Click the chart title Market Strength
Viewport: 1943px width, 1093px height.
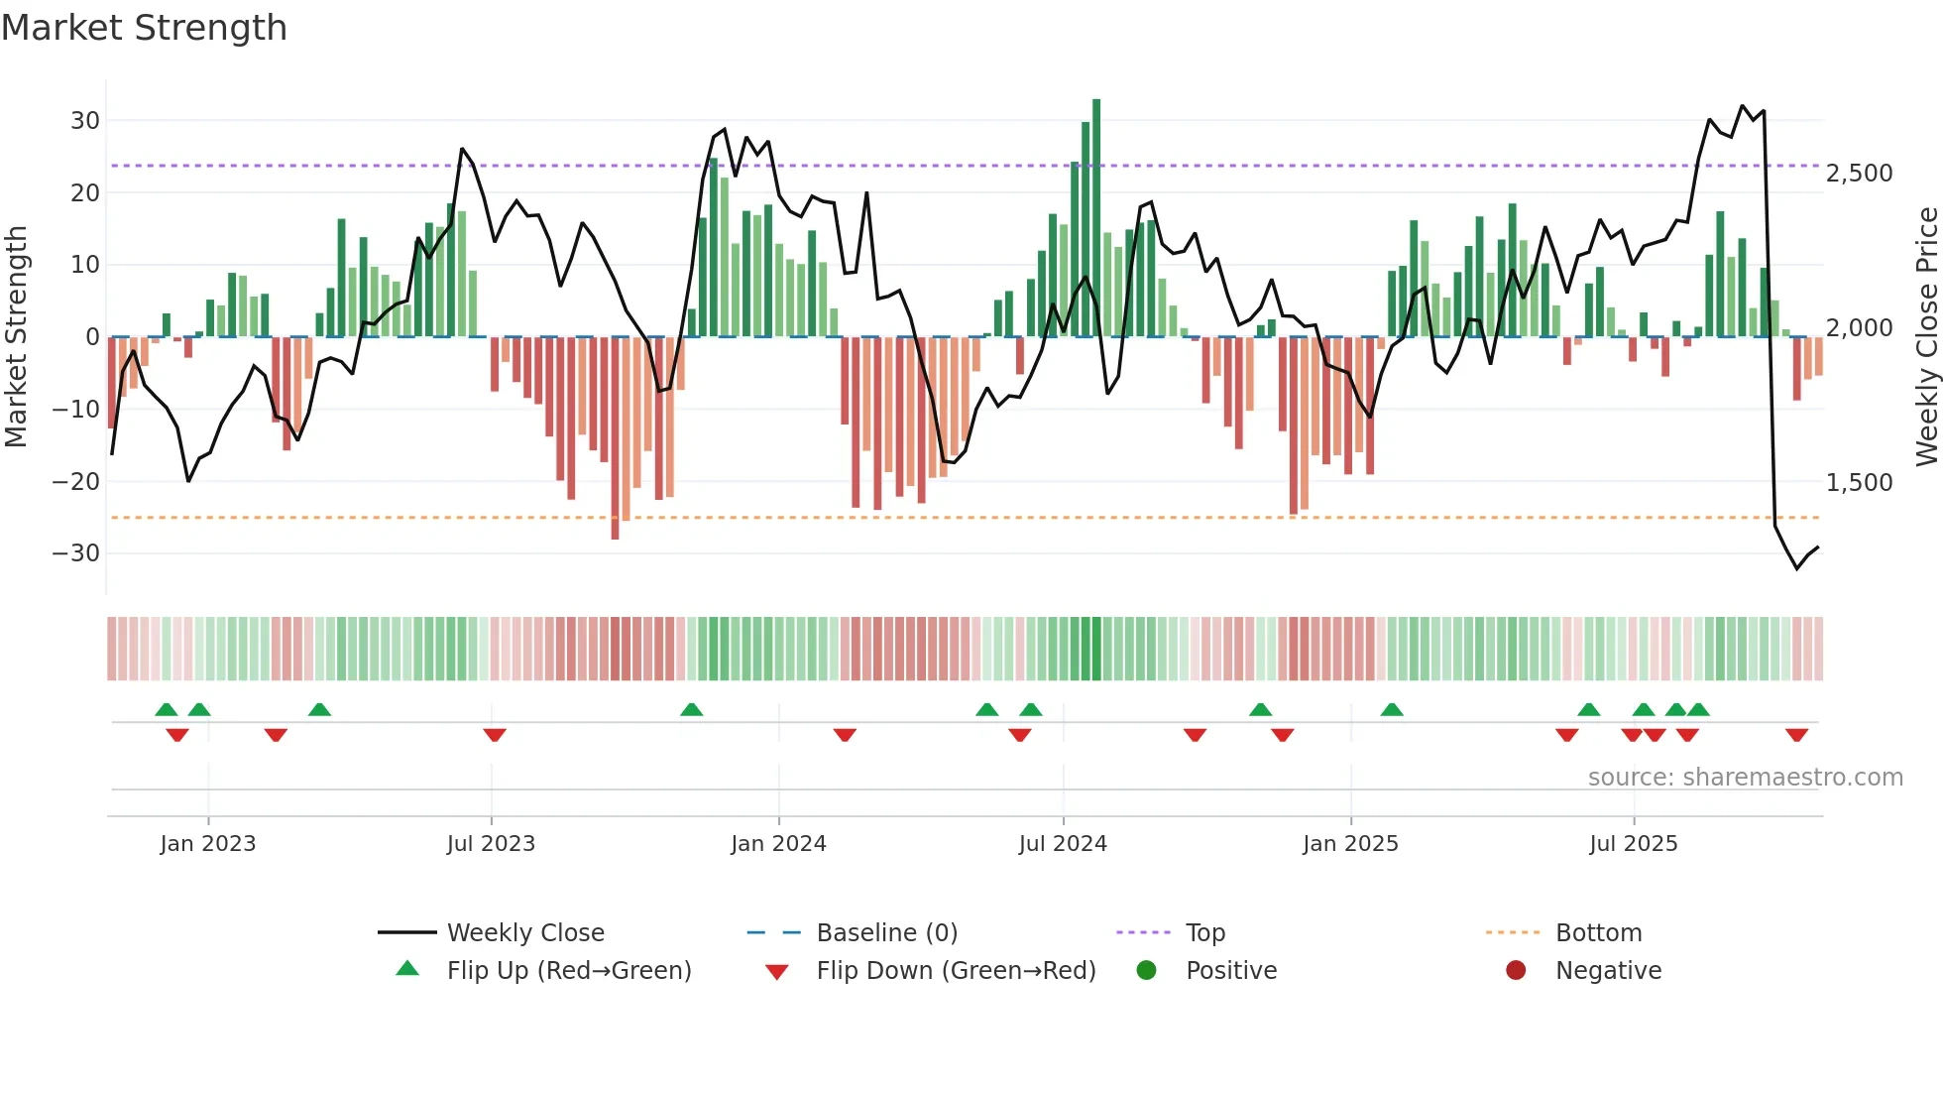tap(144, 28)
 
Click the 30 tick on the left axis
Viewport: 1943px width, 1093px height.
tap(85, 121)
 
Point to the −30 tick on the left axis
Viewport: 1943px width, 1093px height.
tap(76, 553)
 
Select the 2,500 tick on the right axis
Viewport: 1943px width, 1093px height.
tap(1859, 174)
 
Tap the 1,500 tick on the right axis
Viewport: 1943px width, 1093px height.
tap(1859, 483)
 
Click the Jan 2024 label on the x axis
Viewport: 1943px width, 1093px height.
tap(778, 844)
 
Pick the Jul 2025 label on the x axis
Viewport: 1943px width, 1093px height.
tap(1633, 844)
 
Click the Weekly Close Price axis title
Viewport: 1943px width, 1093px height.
tap(1926, 337)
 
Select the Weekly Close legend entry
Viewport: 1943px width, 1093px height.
tap(524, 933)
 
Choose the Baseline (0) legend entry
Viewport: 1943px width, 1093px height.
tap(886, 933)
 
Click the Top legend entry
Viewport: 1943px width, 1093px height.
tap(1204, 933)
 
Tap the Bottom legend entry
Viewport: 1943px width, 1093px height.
tap(1598, 933)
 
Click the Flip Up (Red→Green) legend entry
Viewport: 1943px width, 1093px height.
tap(568, 971)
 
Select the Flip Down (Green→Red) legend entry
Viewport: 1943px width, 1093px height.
tap(956, 971)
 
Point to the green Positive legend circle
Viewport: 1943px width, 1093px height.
tap(1146, 971)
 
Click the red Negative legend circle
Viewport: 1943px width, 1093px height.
tap(1516, 971)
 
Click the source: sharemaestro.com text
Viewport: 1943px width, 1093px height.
tap(1745, 778)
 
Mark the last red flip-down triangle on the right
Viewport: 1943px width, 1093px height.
tap(1796, 735)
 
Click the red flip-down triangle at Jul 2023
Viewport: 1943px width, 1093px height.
tap(495, 735)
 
